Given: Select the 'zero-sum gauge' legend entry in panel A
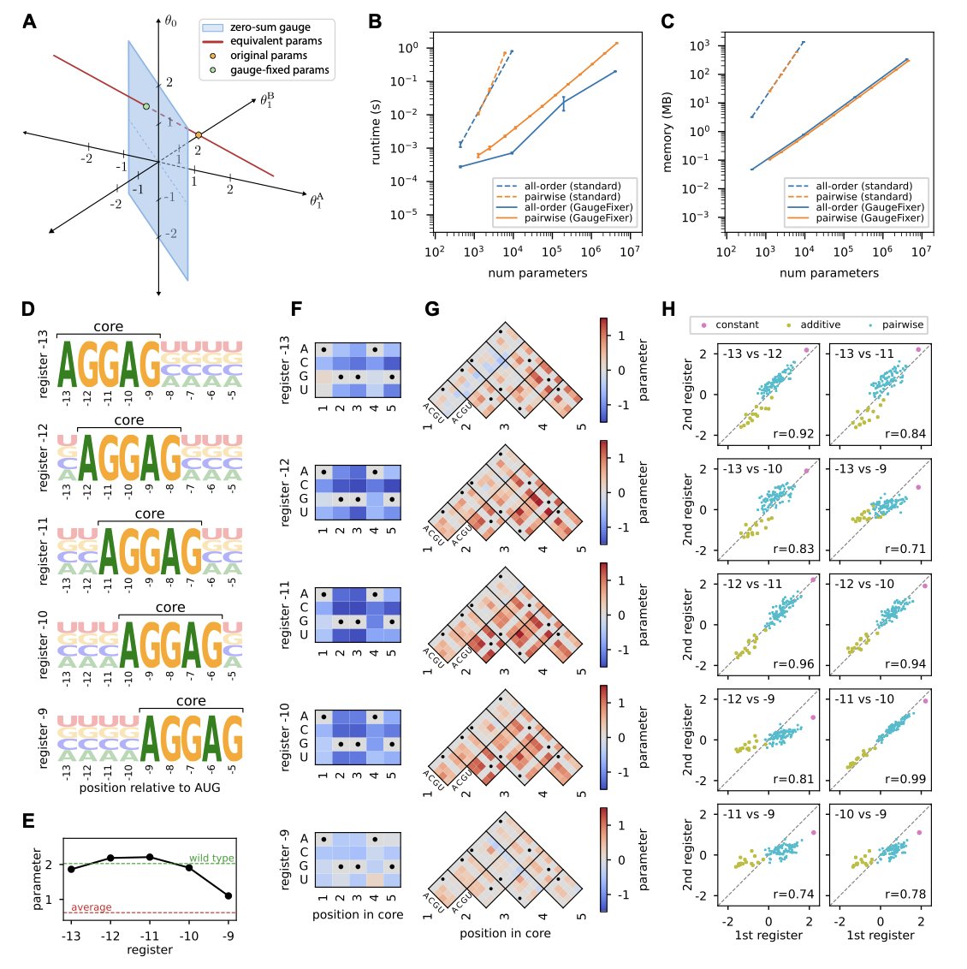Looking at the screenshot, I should coord(270,28).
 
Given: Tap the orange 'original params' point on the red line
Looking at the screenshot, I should coord(199,135).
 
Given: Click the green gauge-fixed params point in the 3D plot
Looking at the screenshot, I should coord(146,107).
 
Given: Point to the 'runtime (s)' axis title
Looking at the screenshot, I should coord(376,132).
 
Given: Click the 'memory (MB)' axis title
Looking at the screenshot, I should coord(667,132).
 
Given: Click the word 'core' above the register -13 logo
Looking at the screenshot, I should coord(109,326).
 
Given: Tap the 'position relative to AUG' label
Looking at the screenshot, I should coord(150,787).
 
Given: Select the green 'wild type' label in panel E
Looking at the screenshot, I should coord(211,859).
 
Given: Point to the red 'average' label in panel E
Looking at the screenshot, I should coord(92,907).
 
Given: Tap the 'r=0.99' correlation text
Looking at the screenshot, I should coord(905,779).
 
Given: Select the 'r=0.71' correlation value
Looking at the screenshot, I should coord(905,549).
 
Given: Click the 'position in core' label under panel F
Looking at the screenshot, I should coord(357,914).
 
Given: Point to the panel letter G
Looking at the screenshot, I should coord(433,309).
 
